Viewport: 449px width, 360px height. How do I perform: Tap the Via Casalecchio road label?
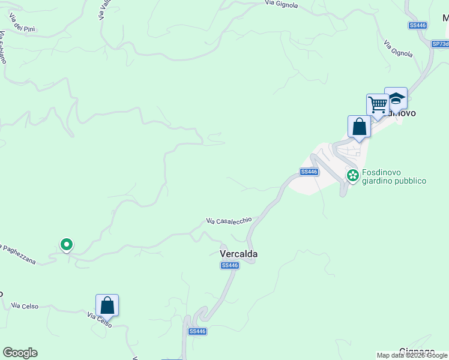pyautogui.click(x=229, y=221)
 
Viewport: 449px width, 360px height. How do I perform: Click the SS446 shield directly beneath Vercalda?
pyautogui.click(x=230, y=265)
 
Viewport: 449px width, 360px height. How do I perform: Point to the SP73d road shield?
pyautogui.click(x=440, y=44)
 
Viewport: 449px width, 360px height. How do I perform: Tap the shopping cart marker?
pyautogui.click(x=378, y=104)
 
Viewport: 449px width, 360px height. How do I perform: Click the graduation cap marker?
pyautogui.click(x=396, y=98)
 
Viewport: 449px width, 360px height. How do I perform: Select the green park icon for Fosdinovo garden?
pyautogui.click(x=352, y=175)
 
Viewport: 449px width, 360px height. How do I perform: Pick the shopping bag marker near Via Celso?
pyautogui.click(x=107, y=305)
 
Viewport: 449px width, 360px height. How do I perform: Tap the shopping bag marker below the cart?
pyautogui.click(x=359, y=127)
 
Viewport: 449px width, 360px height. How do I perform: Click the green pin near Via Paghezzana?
pyautogui.click(x=67, y=244)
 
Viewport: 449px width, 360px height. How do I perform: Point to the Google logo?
pyautogui.click(x=20, y=353)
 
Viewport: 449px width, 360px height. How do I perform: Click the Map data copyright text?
pyautogui.click(x=412, y=355)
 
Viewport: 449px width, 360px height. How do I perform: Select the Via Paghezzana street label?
pyautogui.click(x=18, y=254)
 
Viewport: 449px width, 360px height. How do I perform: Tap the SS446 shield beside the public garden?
pyautogui.click(x=309, y=172)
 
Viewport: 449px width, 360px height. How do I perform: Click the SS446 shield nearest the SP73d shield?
pyautogui.click(x=417, y=25)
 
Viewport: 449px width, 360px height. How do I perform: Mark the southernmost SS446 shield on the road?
pyautogui.click(x=197, y=331)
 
